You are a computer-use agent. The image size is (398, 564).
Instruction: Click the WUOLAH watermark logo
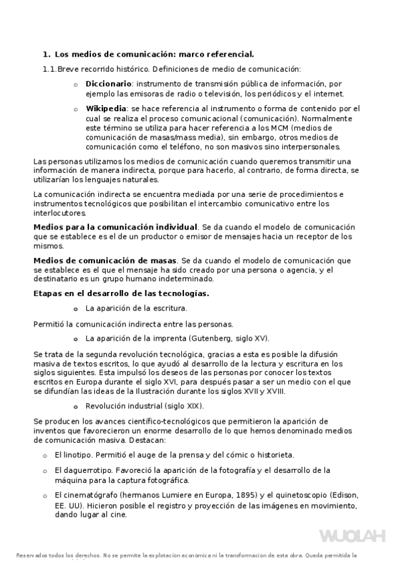352,536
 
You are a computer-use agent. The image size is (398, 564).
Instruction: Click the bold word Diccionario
108,84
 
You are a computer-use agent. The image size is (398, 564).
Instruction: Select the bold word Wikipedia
106,108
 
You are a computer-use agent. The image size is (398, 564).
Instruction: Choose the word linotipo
77,456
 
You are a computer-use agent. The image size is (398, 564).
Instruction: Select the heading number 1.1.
49,69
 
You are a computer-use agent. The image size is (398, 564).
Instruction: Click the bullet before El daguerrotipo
45,470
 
